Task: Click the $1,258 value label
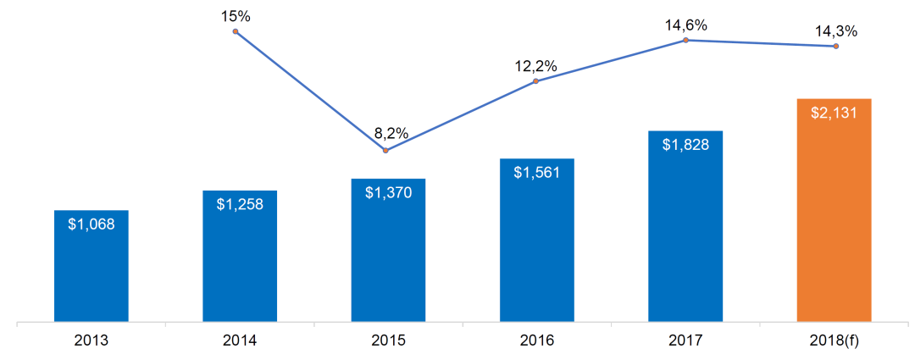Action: coord(240,204)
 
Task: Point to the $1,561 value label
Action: coord(537,172)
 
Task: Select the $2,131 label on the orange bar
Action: coord(835,113)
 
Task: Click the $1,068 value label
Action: coord(91,224)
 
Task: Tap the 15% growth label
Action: coord(236,16)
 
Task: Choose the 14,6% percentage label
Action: coord(685,25)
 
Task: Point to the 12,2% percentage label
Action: coord(536,65)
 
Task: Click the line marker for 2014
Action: coord(236,31)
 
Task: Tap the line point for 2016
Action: coord(536,81)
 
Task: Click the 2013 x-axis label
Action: coord(91,341)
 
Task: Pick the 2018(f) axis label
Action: coord(835,341)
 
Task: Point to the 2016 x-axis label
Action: coord(537,341)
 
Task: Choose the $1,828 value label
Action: coord(685,144)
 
